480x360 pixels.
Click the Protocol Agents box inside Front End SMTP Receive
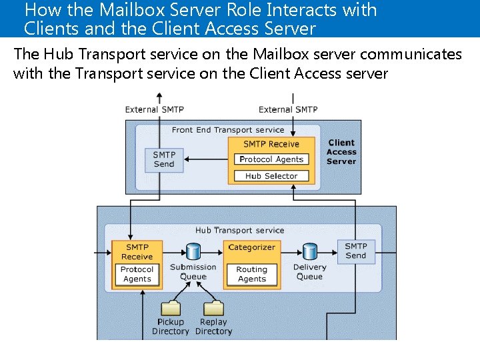tap(271, 159)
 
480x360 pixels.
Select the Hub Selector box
tap(271, 176)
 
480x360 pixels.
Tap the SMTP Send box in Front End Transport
tap(164, 159)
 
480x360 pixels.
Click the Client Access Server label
tap(341, 152)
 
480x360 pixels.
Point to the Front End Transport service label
tap(228, 130)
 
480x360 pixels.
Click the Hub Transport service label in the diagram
tap(239, 230)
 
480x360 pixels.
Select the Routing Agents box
tap(252, 274)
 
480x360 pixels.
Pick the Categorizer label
tap(252, 247)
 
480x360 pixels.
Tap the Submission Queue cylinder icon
tap(193, 252)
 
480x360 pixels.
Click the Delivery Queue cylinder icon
tap(309, 252)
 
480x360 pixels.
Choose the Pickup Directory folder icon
tap(171, 308)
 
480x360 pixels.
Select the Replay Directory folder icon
tap(213, 308)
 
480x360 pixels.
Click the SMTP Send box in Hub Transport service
tap(356, 251)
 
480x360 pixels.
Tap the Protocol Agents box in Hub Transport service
tap(137, 274)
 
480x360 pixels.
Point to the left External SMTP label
tap(155, 109)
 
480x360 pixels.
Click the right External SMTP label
tap(288, 109)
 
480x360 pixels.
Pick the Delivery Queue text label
tap(309, 272)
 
